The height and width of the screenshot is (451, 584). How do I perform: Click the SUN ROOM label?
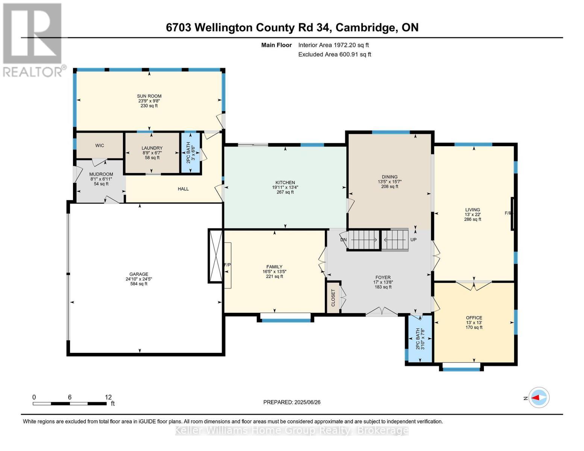(149, 96)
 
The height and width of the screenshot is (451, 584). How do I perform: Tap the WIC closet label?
(100, 145)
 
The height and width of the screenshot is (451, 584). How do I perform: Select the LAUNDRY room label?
(152, 148)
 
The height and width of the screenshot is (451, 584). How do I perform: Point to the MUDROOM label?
(101, 174)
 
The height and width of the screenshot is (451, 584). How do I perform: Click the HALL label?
(183, 189)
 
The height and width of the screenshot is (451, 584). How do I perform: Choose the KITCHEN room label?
(285, 183)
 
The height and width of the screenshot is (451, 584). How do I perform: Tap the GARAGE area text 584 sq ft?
(139, 284)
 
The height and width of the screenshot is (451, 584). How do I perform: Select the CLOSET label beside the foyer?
(333, 298)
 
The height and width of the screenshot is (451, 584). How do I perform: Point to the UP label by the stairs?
(413, 240)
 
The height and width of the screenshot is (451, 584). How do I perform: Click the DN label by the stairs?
(343, 240)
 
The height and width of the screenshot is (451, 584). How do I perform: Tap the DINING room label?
(390, 177)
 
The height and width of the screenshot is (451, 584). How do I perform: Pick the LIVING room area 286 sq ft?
(472, 219)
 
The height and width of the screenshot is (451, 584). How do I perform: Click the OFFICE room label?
(474, 318)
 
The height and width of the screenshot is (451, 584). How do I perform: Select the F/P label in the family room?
(227, 265)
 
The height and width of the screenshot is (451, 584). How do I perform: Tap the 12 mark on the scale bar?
(108, 397)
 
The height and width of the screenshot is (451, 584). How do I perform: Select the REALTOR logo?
(33, 39)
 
